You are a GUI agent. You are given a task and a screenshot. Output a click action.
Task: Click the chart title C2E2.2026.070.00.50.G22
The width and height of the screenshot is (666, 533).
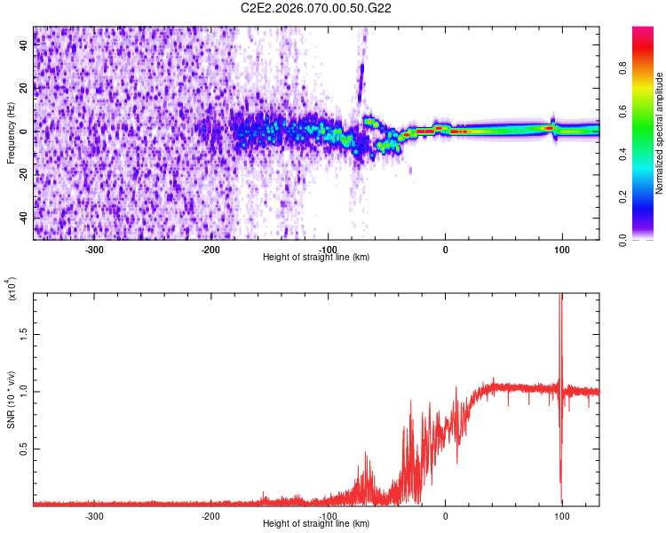316,8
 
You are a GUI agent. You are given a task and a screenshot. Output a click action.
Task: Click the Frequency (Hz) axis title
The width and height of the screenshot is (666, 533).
11,132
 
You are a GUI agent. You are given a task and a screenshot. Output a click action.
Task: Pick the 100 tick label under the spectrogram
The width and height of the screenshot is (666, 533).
561,249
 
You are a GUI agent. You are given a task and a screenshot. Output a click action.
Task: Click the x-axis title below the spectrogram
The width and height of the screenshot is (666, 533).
316,258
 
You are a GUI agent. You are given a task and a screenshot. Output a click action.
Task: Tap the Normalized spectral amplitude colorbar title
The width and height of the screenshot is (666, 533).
660,133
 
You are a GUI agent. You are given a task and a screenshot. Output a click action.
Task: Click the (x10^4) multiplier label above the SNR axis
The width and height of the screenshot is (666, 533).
12,289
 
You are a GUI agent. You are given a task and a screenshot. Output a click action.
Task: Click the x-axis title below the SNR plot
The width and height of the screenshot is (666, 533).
316,524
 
